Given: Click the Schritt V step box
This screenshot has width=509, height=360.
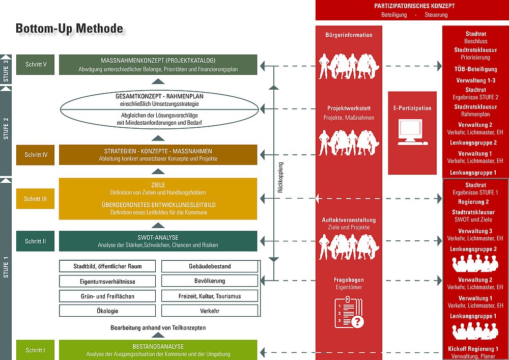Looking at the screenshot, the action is coord(36,65).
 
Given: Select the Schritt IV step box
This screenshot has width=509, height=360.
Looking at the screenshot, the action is coord(36,155).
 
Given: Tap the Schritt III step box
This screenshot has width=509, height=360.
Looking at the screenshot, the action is coord(36,199).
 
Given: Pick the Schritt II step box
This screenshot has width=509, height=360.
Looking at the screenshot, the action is coord(36,241).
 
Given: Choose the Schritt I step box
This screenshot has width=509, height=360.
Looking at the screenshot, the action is coord(36,350).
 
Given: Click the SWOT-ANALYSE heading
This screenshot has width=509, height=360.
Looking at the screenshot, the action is coord(158,237).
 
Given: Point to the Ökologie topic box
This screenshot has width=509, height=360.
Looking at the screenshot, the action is coord(107,311).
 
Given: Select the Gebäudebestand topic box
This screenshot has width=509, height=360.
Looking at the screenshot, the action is coord(210,266).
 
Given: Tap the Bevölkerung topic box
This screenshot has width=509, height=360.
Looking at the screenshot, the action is coord(210,281).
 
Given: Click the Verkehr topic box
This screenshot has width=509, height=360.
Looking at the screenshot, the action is coord(210,311).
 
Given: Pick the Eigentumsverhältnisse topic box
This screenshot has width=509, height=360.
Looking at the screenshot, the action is coord(107,281).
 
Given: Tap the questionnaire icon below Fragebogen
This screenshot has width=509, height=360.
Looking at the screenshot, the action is coord(349,312).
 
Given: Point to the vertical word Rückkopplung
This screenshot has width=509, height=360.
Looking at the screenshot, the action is coord(280,178).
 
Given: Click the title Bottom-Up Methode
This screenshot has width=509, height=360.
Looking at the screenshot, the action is coord(69,29).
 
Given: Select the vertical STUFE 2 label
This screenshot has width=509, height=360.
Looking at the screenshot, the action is coord(6,128).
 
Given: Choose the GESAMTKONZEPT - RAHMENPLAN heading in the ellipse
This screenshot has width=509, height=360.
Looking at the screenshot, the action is coord(159,96).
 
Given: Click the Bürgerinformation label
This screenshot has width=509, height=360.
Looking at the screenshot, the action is coord(349,35).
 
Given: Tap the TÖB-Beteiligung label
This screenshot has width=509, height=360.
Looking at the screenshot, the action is coord(475,69).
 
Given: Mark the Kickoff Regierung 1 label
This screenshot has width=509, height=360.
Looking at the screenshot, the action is coord(473,349).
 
